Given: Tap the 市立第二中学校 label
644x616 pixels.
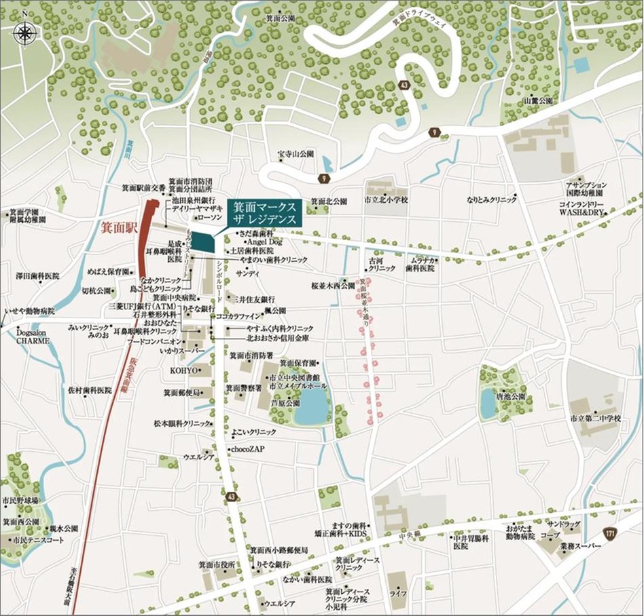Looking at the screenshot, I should pos(596,419).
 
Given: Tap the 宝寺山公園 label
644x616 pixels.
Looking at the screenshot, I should pos(296,155).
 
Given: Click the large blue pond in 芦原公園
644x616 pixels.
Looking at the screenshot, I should pos(312,406).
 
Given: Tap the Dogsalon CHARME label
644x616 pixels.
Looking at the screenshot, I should pos(33,336).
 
